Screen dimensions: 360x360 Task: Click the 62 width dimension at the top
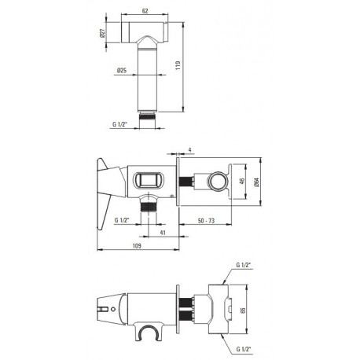(x=145, y=11)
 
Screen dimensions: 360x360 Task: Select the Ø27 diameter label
(x=102, y=33)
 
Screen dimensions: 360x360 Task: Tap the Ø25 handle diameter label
(x=122, y=70)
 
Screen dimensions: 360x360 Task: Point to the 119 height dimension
(x=178, y=65)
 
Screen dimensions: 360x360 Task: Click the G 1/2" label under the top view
(x=119, y=124)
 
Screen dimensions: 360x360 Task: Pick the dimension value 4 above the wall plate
(x=190, y=150)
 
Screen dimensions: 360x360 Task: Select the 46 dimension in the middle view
(x=242, y=182)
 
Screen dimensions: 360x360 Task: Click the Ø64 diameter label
(x=256, y=182)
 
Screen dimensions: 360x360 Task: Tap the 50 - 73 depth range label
(x=206, y=221)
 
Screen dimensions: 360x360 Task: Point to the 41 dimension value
(x=163, y=233)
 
